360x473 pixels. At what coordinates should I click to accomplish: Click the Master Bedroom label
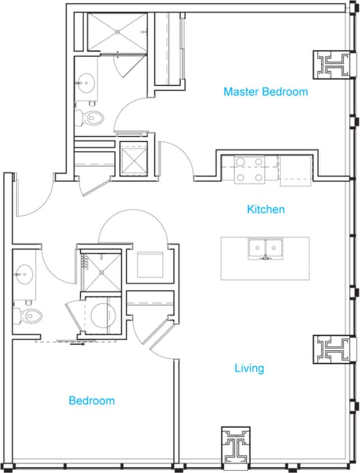[x=265, y=91]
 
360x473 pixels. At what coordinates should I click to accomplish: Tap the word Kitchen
[x=266, y=210]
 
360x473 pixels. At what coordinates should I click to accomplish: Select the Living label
[x=249, y=368]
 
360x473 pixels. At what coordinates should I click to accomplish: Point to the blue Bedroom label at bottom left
[x=91, y=401]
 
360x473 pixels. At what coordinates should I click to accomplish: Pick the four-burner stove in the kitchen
[x=250, y=170]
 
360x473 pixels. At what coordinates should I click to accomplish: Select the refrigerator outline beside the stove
[x=296, y=170]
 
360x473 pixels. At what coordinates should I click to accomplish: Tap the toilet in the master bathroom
[x=90, y=118]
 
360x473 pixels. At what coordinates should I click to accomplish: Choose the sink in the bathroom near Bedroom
[x=25, y=274]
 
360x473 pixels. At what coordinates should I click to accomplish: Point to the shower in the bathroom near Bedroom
[x=101, y=272]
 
